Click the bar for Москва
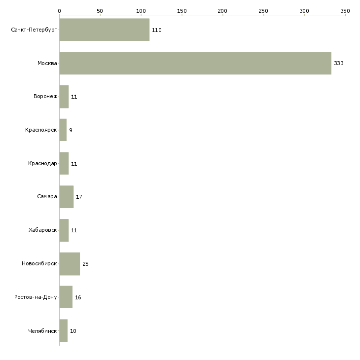195,63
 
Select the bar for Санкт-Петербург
104,30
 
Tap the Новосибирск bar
70,264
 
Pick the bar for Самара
66,197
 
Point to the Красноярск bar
63,130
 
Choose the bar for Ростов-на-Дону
66,297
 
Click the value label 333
338,64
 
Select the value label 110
157,30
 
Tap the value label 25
85,264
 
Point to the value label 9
71,130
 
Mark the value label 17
79,197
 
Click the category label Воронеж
45,97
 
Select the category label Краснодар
42,164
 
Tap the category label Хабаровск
43,230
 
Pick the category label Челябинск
42,331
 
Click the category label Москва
47,64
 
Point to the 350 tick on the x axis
345,10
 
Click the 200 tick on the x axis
222,10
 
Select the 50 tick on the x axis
100,10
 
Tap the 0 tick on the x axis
59,10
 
